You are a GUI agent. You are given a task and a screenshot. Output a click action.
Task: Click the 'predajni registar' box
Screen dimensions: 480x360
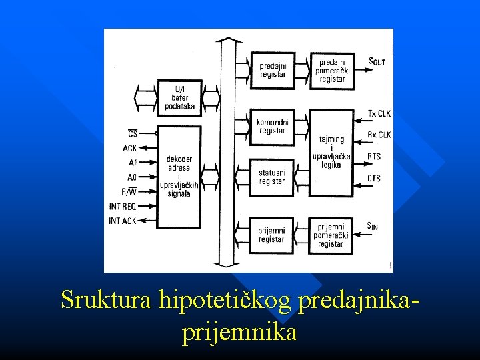click(x=273, y=70)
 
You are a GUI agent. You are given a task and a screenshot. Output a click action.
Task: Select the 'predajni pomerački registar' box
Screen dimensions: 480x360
click(x=332, y=70)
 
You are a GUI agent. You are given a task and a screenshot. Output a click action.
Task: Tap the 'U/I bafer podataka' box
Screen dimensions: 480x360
click(x=179, y=97)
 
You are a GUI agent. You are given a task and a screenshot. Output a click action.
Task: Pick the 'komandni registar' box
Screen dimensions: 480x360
click(x=273, y=126)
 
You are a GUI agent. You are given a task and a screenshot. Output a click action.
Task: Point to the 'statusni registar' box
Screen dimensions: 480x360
click(x=273, y=177)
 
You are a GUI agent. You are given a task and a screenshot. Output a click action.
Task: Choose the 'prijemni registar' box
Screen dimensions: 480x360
click(x=273, y=235)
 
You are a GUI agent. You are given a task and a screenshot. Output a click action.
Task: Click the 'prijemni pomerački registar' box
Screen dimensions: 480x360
click(x=331, y=235)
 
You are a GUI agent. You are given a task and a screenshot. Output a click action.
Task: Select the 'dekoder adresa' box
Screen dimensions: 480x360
click(x=179, y=177)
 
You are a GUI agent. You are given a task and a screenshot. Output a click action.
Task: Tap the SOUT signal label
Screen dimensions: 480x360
click(x=377, y=61)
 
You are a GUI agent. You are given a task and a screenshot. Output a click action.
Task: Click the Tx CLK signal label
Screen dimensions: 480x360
click(x=379, y=113)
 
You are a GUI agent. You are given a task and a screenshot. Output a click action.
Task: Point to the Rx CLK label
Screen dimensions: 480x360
click(x=379, y=135)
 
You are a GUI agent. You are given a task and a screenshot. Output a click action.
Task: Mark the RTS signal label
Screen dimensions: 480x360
click(x=375, y=157)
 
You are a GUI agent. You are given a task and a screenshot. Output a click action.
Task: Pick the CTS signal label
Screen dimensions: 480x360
click(x=375, y=178)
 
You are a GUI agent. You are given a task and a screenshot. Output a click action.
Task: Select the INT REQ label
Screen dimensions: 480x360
click(x=123, y=207)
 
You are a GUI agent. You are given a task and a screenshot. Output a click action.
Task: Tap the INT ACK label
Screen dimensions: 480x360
click(x=123, y=221)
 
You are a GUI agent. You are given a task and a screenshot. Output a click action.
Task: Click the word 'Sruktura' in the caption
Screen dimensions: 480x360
click(x=107, y=301)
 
